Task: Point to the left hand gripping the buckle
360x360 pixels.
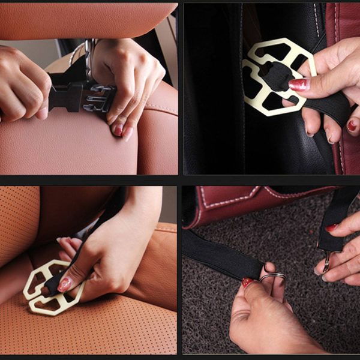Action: click(21, 84)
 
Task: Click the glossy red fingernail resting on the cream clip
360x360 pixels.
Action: click(298, 85)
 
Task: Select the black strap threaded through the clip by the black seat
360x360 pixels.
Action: click(324, 102)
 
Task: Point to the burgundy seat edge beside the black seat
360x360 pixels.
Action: click(348, 60)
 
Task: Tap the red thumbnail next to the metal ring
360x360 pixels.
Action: click(247, 282)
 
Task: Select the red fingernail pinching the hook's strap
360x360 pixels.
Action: click(332, 228)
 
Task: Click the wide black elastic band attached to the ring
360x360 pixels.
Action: click(222, 252)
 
